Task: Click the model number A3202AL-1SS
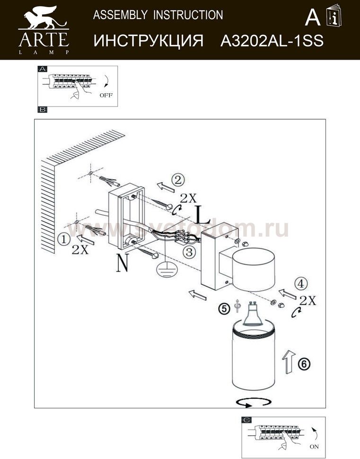272,41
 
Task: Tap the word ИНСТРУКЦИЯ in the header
149,41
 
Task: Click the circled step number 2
177,180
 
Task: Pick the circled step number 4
300,284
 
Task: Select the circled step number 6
305,364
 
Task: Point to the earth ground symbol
163,269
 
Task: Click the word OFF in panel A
106,95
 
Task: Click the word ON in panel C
314,446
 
